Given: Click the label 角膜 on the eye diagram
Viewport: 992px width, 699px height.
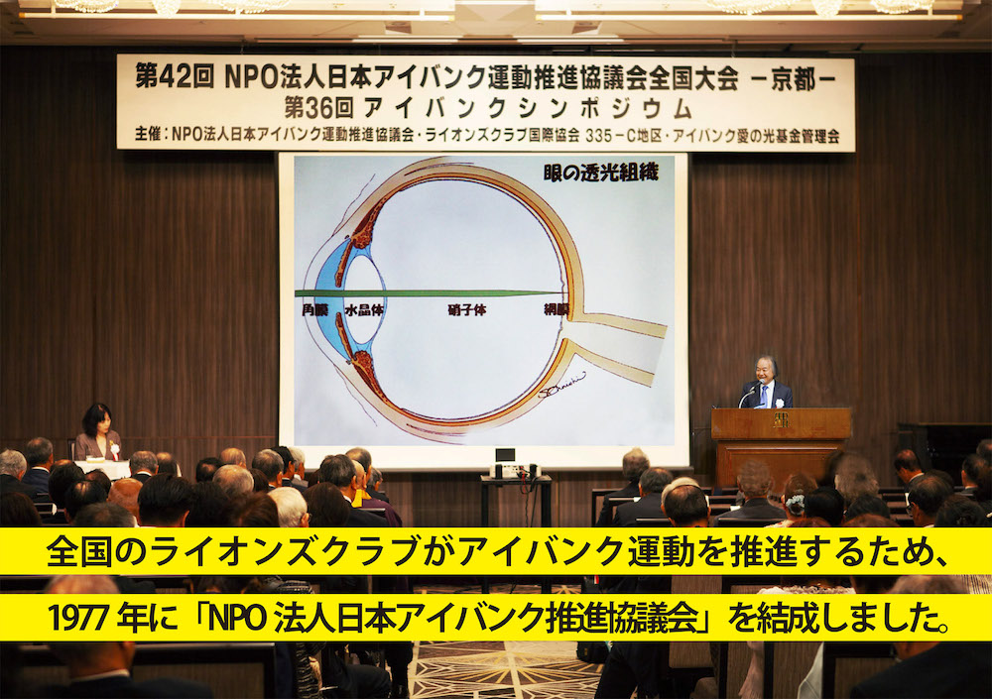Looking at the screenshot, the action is tap(315, 310).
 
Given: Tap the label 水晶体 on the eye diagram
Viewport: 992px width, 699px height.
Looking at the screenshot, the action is tap(364, 310).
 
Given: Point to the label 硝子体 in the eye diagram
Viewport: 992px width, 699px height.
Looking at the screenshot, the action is tap(467, 310).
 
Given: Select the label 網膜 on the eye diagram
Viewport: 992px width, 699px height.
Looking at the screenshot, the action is tap(557, 309).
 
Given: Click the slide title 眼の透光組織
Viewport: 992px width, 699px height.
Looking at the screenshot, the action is tap(600, 173).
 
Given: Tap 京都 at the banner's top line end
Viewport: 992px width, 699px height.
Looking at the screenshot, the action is tap(793, 79).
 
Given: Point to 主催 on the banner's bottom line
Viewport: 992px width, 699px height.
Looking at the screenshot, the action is tap(147, 136).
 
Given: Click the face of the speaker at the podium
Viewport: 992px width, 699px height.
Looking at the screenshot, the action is tap(764, 373).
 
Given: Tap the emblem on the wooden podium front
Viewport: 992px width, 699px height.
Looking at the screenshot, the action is tap(782, 420).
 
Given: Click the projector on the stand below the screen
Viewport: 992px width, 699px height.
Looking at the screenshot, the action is tap(515, 470).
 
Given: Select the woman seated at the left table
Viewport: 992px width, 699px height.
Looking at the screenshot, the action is tap(98, 432).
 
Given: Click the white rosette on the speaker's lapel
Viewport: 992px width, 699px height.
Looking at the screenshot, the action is tap(780, 403).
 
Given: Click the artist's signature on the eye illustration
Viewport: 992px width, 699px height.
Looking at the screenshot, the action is tap(561, 385).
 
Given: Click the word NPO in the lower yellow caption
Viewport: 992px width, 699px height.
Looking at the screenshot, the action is tap(237, 618).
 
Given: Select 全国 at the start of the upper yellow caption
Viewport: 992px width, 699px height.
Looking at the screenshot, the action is tap(70, 551).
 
